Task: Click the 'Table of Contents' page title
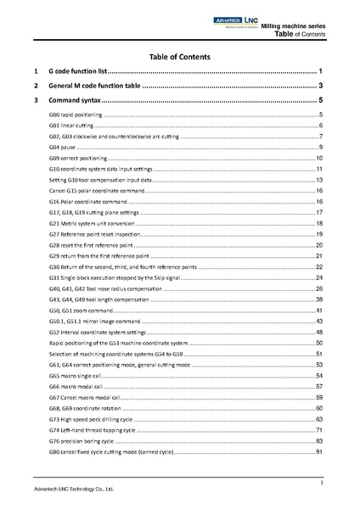coord(180,56)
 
